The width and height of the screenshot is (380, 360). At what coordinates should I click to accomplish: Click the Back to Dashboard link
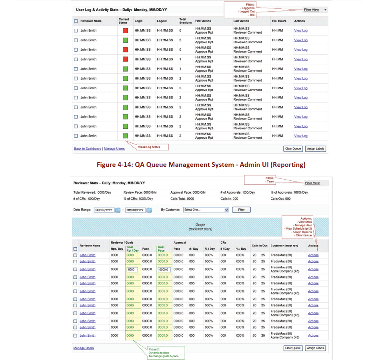click(x=88, y=149)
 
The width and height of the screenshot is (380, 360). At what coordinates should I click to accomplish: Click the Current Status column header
click(x=124, y=21)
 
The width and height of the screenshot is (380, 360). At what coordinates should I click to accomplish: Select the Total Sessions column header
click(x=185, y=21)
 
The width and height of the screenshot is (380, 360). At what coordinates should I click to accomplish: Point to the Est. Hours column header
click(x=279, y=21)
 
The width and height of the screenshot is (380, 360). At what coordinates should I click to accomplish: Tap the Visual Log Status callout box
click(x=149, y=147)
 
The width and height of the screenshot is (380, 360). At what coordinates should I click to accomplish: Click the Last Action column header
click(x=241, y=21)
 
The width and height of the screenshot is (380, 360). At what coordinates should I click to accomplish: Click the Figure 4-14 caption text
click(x=200, y=164)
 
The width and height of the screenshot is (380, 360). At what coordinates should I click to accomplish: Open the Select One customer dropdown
click(x=206, y=210)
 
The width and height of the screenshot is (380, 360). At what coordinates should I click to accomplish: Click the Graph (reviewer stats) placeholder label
click(x=200, y=227)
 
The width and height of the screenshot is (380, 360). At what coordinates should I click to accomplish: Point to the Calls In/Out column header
click(x=259, y=245)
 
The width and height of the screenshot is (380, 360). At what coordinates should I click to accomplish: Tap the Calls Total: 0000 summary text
click(x=182, y=198)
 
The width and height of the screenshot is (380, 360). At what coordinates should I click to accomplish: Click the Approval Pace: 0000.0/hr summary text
click(x=188, y=192)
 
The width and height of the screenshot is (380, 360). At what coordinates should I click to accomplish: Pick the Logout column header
click(x=162, y=21)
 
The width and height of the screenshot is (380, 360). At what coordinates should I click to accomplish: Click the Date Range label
click(x=82, y=210)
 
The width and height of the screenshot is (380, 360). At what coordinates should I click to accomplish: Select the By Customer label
click(x=170, y=210)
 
